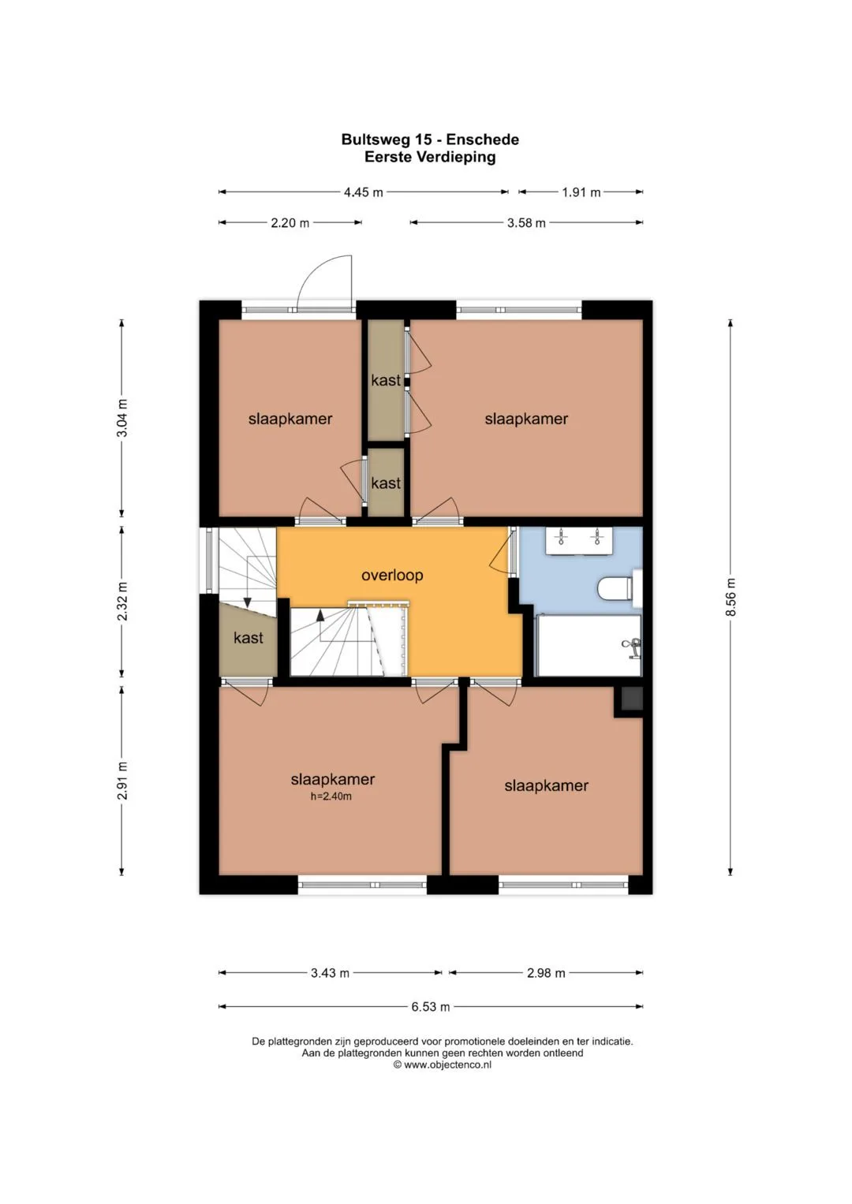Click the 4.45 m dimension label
(x=363, y=192)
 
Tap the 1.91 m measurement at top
(x=581, y=192)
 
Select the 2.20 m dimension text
(x=290, y=222)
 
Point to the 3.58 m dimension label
(x=526, y=222)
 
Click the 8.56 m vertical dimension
(x=730, y=597)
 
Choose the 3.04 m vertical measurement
(x=122, y=418)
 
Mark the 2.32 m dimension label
(x=122, y=601)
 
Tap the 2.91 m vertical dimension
(x=122, y=781)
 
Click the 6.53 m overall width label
(x=430, y=1007)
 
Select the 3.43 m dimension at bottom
(x=330, y=973)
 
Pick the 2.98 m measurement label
(x=546, y=973)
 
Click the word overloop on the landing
(x=392, y=575)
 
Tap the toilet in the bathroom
(x=618, y=589)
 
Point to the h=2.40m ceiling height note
(x=331, y=796)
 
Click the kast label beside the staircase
(x=248, y=638)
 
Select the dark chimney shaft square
(x=631, y=699)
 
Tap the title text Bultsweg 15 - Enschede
(x=430, y=140)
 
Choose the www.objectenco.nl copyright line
(x=442, y=1064)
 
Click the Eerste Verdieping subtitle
(x=430, y=157)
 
